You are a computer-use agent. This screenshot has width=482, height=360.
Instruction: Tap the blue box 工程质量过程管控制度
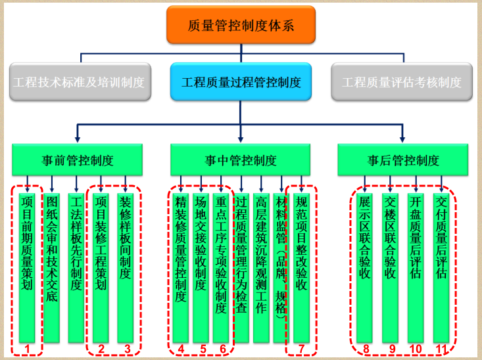coord(241,82)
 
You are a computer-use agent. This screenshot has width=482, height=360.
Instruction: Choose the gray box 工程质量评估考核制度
coord(402,82)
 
